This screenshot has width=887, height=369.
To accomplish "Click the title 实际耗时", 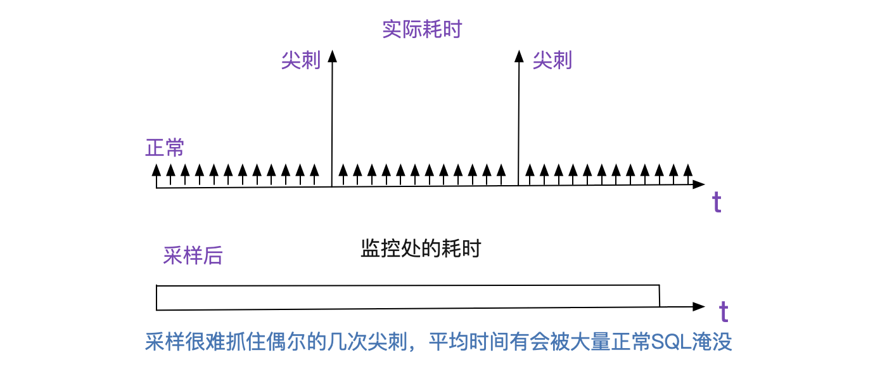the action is click(x=422, y=29).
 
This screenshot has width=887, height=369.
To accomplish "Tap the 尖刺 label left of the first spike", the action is click(x=301, y=61).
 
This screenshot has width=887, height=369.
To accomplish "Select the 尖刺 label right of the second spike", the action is click(x=552, y=61).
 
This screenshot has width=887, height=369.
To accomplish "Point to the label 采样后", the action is click(x=193, y=256).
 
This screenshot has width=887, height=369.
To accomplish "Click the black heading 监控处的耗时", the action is click(x=421, y=249).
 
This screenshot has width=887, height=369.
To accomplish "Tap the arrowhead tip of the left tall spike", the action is click(x=333, y=51).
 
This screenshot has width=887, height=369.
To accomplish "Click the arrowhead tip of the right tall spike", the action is click(x=519, y=51).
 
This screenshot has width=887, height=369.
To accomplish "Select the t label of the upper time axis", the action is click(x=717, y=202).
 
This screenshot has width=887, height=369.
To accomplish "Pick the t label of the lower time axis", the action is click(x=724, y=311).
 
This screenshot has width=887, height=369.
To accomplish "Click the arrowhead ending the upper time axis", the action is click(x=705, y=184).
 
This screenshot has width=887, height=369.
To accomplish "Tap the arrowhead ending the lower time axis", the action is click(x=705, y=306).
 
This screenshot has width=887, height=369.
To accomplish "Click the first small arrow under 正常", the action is click(x=156, y=176).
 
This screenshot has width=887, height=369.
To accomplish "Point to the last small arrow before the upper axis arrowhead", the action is click(x=688, y=174).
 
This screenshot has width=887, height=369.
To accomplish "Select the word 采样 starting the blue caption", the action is click(x=165, y=342).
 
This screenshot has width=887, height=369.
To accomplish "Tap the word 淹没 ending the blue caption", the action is click(x=712, y=342).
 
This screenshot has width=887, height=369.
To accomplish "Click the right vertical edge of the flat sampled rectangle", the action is click(x=660, y=295).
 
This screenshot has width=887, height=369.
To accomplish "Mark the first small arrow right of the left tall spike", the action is click(x=343, y=175).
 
